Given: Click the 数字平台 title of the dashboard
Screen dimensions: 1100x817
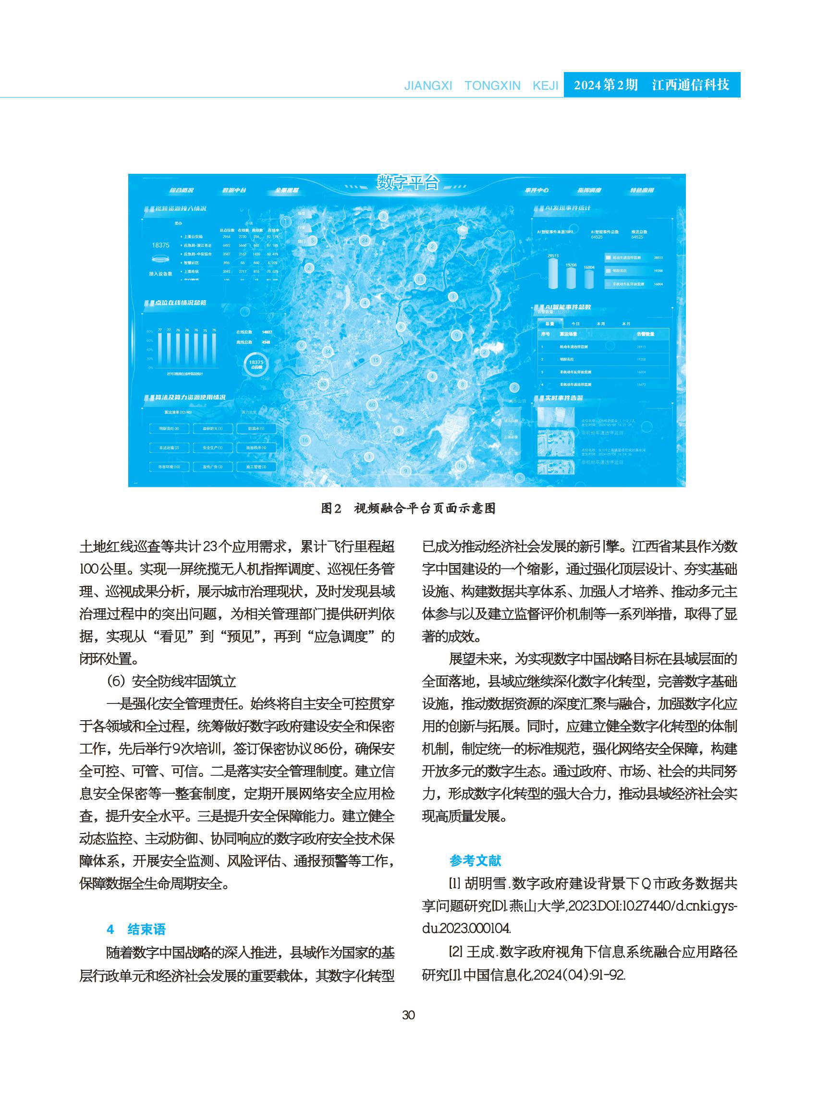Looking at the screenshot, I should point(407,182).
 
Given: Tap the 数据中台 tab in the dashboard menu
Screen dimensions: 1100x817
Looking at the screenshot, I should point(234,190).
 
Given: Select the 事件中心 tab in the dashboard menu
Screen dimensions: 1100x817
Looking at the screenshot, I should point(537,190).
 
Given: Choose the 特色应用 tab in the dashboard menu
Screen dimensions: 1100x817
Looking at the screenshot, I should point(642,190).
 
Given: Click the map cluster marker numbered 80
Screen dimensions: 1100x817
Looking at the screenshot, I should point(323,384).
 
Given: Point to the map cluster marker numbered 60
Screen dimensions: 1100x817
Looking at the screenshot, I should point(372,405).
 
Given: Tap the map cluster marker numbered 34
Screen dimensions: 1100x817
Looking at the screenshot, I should point(328,352).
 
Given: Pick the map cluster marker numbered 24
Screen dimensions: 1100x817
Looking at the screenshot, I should point(365,241).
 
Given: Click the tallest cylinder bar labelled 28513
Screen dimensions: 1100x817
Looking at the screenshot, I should point(553,273).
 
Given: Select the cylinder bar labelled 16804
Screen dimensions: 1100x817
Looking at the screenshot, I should point(588,279).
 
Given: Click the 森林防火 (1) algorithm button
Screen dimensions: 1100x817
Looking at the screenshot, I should point(213,429).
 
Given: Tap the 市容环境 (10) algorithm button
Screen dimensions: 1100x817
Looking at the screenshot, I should point(169,467).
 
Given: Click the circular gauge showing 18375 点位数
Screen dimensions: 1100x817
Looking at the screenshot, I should point(256,365).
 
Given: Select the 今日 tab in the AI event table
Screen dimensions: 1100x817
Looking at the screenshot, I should point(575,324).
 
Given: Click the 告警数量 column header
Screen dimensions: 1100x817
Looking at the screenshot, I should point(645,334).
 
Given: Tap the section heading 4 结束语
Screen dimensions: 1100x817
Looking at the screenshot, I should point(136,930).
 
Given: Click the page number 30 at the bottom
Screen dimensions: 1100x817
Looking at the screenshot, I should point(408,1015).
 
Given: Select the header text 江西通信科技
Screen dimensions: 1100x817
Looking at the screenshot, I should point(690,85).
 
